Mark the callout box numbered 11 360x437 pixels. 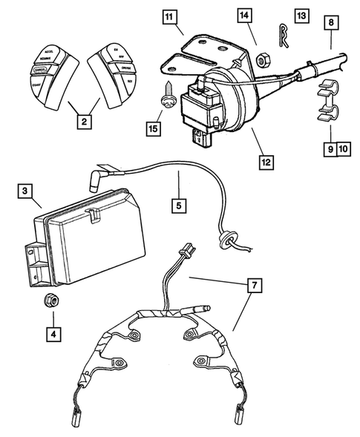171,16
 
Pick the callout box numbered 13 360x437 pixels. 300,15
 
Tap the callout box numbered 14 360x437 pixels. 246,15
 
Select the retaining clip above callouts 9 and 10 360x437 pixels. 324,104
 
